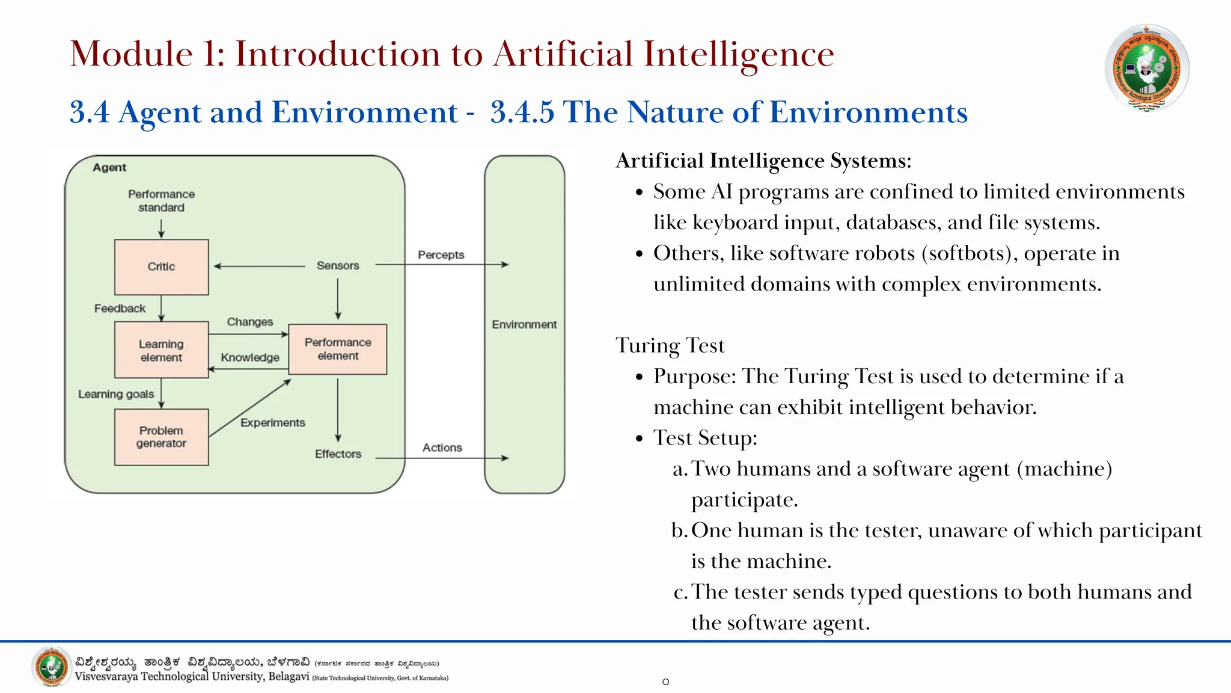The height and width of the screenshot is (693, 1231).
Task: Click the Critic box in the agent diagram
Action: click(161, 266)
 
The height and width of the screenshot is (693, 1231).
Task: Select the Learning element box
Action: click(161, 350)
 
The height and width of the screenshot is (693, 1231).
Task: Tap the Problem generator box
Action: click(161, 437)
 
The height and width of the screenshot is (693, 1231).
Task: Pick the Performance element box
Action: click(338, 349)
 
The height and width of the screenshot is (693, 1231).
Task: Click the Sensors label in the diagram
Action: click(338, 265)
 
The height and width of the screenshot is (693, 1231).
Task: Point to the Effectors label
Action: click(338, 454)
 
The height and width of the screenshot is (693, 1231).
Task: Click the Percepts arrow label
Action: click(441, 254)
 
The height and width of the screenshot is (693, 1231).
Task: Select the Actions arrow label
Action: click(442, 448)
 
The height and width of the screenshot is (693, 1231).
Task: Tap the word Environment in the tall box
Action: click(524, 324)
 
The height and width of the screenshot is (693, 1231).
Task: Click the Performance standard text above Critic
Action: click(161, 200)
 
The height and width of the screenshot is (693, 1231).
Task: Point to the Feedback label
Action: click(120, 308)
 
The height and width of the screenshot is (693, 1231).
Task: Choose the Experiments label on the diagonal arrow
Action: click(272, 422)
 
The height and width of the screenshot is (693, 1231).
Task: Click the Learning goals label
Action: click(116, 394)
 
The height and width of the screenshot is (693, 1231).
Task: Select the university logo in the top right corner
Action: click(1146, 67)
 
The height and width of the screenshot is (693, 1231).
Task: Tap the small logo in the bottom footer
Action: click(52, 667)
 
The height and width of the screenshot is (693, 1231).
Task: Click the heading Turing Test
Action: click(670, 345)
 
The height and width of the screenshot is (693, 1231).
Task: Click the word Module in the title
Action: click(131, 54)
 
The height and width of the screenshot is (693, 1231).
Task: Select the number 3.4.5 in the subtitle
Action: click(522, 112)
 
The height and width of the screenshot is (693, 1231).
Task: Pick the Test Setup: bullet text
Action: click(705, 438)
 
